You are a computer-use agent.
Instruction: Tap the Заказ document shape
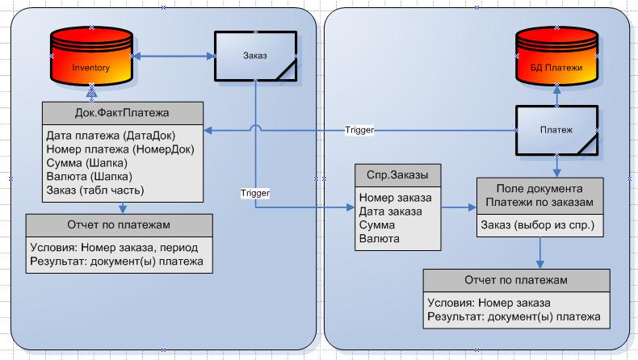pos(255,57)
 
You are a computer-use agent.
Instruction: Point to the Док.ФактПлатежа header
pos(121,112)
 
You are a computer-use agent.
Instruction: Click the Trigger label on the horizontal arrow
pos(359,129)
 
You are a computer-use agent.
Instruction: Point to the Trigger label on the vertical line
pos(255,193)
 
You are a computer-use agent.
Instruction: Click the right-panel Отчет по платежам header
pos(516,280)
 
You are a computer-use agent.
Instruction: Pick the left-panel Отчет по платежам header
pos(120,224)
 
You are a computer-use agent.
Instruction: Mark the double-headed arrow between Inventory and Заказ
pos(173,57)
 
